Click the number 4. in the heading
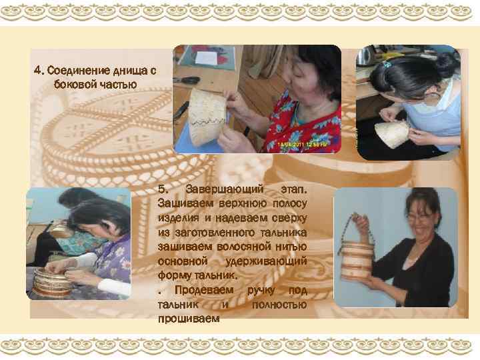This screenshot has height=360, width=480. pyautogui.click(x=39, y=71)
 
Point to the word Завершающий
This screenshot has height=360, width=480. pyautogui.click(x=224, y=189)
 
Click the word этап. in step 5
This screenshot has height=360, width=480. pyautogui.click(x=293, y=189)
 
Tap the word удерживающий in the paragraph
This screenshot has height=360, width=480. pyautogui.click(x=266, y=261)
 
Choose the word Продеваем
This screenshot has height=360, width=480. pyautogui.click(x=204, y=290)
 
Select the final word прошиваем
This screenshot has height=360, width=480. pyautogui.click(x=189, y=319)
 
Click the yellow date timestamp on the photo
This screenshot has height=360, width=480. pyautogui.click(x=301, y=143)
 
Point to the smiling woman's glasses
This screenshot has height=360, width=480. pyautogui.click(x=421, y=217)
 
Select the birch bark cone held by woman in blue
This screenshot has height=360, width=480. pyautogui.click(x=392, y=135)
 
